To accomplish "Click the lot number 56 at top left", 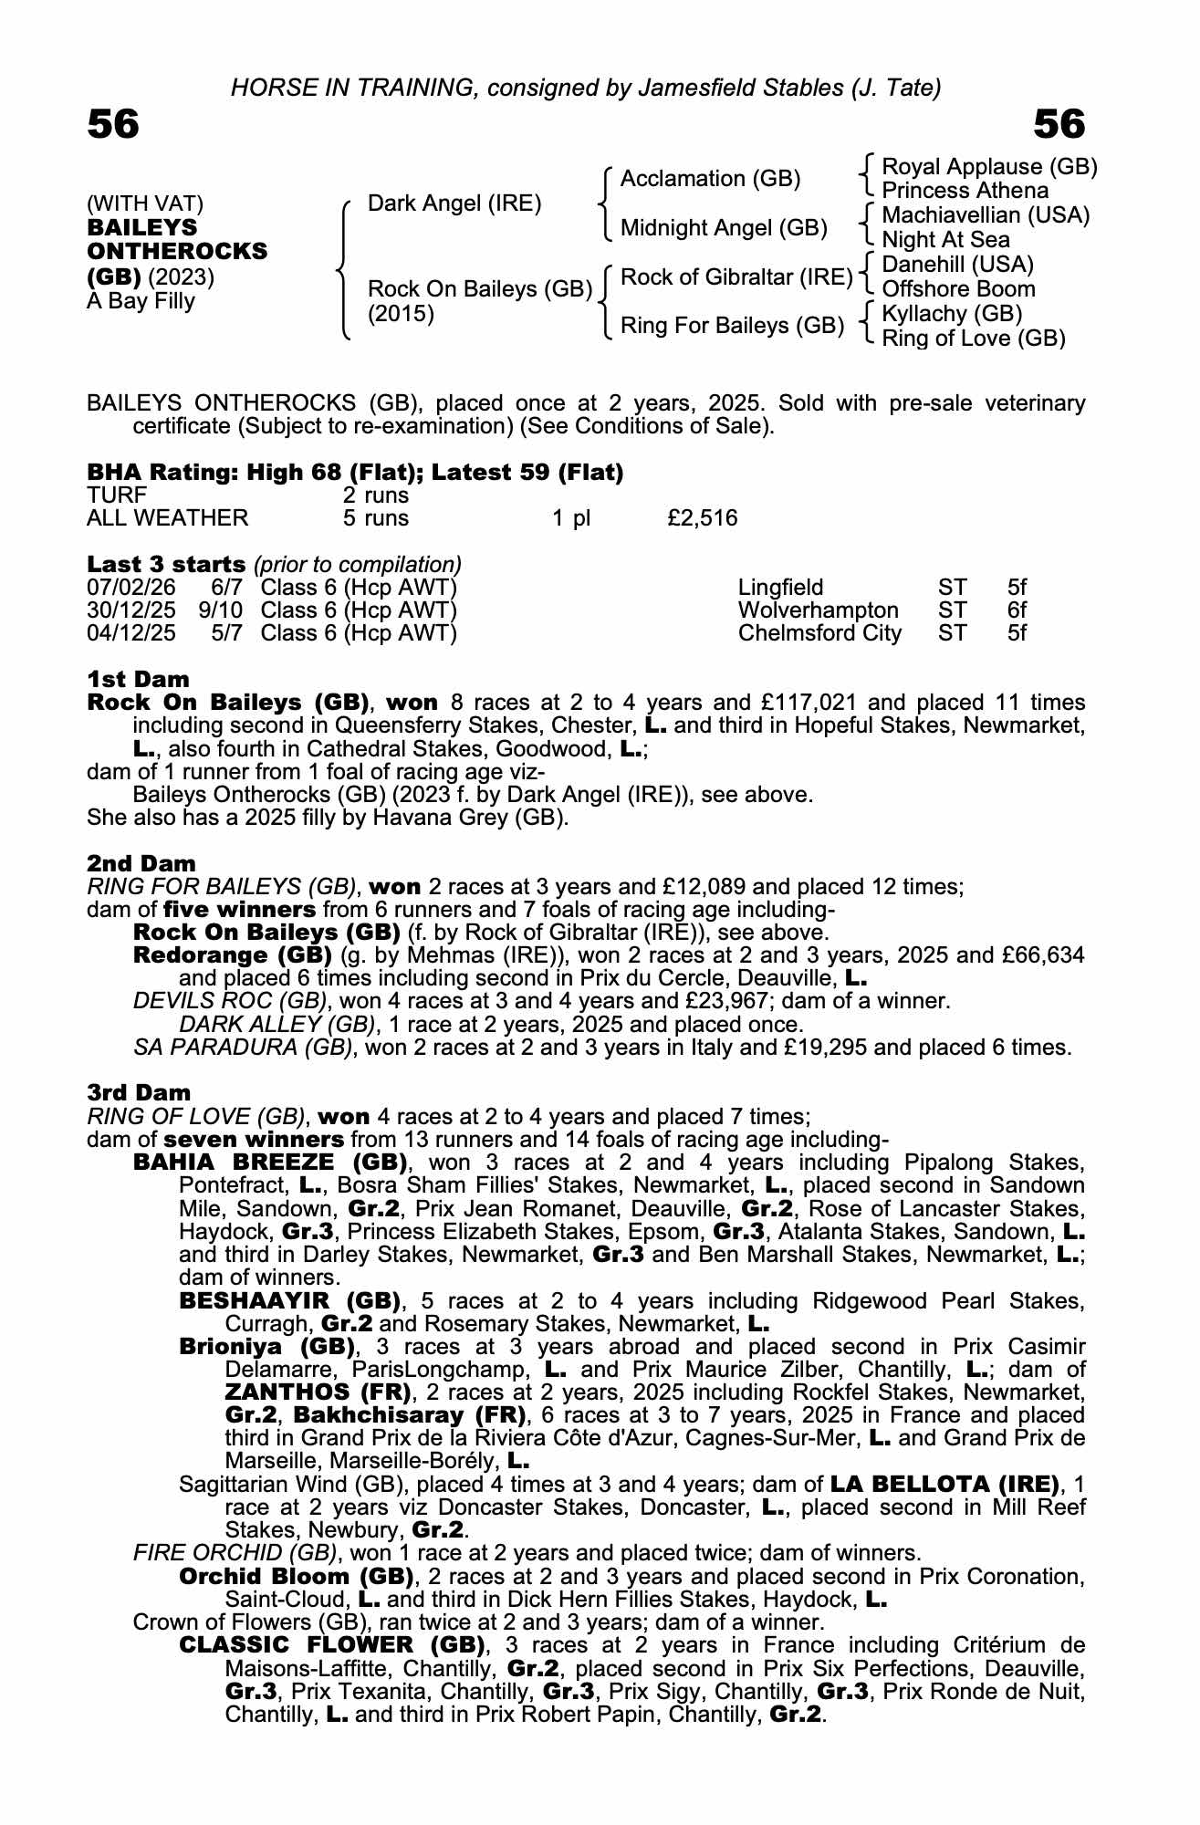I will tap(113, 124).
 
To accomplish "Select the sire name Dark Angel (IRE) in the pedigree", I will tap(454, 203).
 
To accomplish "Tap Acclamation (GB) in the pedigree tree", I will tap(710, 179).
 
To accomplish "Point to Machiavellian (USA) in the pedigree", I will tap(986, 215).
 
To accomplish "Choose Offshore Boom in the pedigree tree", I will tap(958, 289).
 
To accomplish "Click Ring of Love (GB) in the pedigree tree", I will tap(974, 339).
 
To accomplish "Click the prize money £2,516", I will tap(702, 518).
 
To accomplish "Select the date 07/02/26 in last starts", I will tap(130, 588).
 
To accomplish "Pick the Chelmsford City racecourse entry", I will tap(819, 633).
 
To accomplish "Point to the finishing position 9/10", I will tap(220, 610).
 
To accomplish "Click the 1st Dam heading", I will tap(138, 680).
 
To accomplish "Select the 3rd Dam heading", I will tap(139, 1093).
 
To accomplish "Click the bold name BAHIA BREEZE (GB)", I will tap(269, 1163).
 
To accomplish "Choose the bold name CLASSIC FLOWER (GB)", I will tap(331, 1645).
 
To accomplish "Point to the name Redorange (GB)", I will tap(232, 955).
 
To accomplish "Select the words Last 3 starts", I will tap(166, 565).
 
